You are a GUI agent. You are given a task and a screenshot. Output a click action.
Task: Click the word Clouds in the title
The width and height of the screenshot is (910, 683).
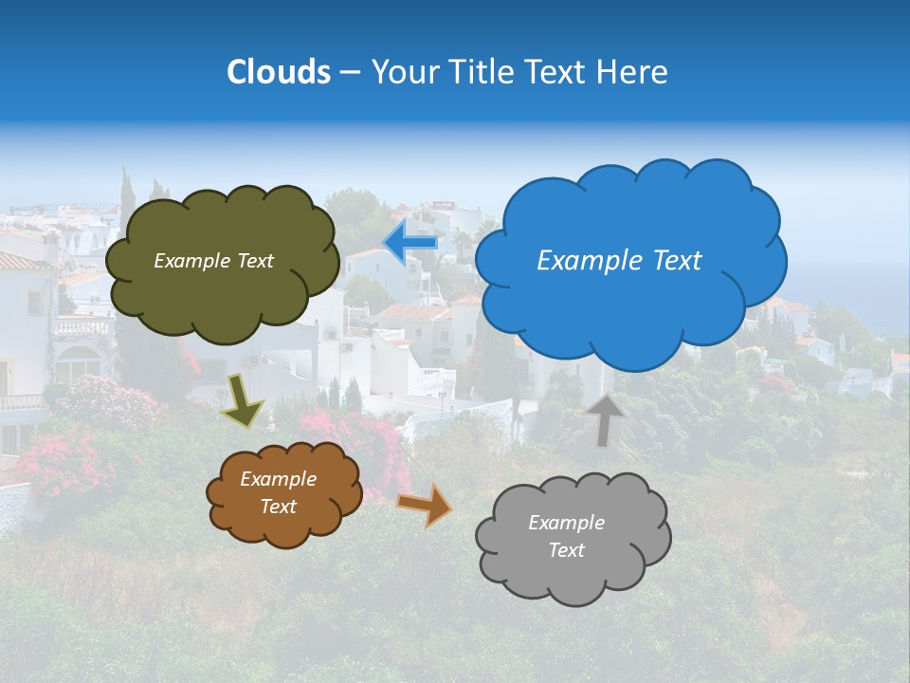[278, 72]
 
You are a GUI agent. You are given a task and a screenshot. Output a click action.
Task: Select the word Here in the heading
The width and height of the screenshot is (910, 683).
[632, 72]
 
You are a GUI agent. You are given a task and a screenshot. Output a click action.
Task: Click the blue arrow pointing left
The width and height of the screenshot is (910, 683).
[410, 241]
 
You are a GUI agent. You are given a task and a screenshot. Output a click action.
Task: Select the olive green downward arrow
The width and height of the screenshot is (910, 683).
[243, 399]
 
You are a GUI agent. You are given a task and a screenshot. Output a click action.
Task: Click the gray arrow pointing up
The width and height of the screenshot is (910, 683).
[604, 419]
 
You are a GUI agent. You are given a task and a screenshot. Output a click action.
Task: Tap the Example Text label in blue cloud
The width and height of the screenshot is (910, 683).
[619, 261]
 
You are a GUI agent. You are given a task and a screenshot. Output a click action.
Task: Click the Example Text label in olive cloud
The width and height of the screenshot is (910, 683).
[213, 261]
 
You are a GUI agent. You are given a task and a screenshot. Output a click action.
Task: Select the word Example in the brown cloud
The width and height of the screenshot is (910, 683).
[278, 479]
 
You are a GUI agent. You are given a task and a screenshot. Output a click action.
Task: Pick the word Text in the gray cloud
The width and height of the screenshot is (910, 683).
[566, 550]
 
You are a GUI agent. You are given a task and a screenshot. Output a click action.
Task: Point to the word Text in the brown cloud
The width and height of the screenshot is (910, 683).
[278, 507]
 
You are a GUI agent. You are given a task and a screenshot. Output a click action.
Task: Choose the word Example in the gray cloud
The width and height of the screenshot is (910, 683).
[566, 523]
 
